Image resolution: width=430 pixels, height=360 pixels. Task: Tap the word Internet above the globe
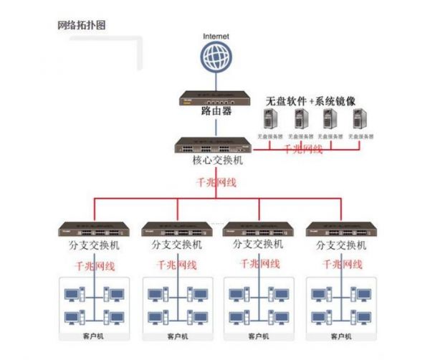coord(216,35)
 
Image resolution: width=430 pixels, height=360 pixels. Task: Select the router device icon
coord(216,97)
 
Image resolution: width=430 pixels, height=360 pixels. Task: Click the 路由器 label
coord(216,110)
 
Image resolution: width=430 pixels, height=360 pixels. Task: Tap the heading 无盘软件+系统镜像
coord(311,101)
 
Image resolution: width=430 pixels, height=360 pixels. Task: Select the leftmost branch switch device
coord(94,230)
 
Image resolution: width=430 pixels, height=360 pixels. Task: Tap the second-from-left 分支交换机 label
coord(177,245)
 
